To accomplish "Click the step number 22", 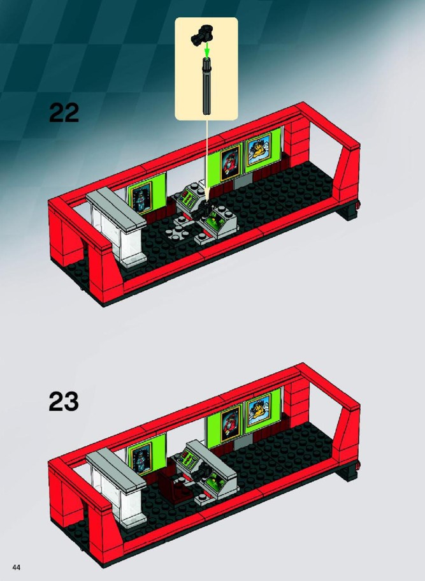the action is point(64,113).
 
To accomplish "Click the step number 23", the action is point(64,401).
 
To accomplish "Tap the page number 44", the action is point(17,568).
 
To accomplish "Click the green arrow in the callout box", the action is point(207,49).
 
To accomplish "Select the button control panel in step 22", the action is point(189,199).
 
